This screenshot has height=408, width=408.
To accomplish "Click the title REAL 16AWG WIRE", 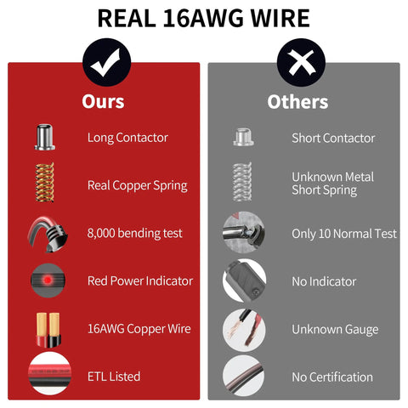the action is pyautogui.click(x=203, y=18).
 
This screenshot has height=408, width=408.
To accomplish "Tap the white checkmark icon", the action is pyautogui.click(x=105, y=63).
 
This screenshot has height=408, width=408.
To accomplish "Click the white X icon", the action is pyautogui.click(x=302, y=63).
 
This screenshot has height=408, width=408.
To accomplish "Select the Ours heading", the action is pyautogui.click(x=103, y=101).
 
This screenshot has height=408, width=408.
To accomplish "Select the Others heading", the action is pyautogui.click(x=297, y=102).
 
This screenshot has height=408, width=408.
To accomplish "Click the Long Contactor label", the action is pyautogui.click(x=127, y=138).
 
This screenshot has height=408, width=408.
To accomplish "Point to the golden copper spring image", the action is pyautogui.click(x=44, y=182).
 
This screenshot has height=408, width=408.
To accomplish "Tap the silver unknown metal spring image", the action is pyautogui.click(x=242, y=182).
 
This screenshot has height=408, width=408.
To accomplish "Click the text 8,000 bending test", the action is pyautogui.click(x=135, y=234).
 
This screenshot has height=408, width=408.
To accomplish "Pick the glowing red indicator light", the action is pyautogui.click(x=48, y=280).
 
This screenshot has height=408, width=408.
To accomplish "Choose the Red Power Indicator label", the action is pyautogui.click(x=140, y=281).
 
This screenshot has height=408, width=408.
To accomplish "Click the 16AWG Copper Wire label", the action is pyautogui.click(x=139, y=329).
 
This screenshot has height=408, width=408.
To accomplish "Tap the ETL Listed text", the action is pyautogui.click(x=114, y=377).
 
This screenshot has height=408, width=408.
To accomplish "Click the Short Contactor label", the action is pyautogui.click(x=333, y=139).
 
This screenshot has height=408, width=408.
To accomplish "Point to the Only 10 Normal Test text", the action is pyautogui.click(x=344, y=234).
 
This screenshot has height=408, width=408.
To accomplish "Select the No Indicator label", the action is pyautogui.click(x=324, y=281).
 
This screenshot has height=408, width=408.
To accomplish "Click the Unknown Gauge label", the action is pyautogui.click(x=335, y=330).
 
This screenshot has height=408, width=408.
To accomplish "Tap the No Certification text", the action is pyautogui.click(x=332, y=377).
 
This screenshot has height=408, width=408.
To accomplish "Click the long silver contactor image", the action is pyautogui.click(x=44, y=137).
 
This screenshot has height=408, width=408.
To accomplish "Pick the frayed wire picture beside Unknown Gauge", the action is pyautogui.click(x=244, y=330).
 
